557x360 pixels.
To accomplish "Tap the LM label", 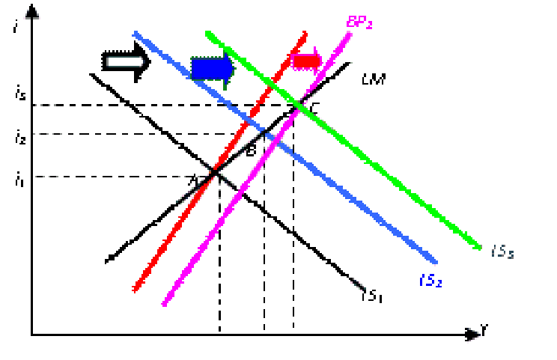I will click(x=373, y=79).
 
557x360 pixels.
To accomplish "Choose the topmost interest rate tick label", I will click(x=19, y=95).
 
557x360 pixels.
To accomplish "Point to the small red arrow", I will click(x=305, y=61).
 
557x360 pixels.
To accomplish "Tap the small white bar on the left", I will click(x=125, y=61).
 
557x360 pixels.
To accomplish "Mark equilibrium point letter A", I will click(x=192, y=180).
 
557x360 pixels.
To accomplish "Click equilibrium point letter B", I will click(x=251, y=150).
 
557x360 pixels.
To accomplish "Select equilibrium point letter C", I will click(x=314, y=107).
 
